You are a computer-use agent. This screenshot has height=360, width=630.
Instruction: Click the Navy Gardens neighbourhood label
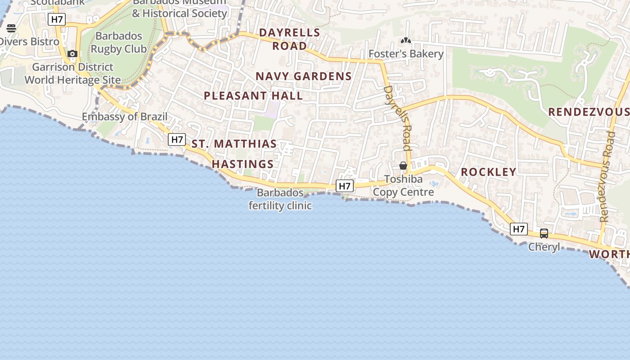pos(304,76)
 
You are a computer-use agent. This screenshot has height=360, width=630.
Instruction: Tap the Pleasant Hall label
pos(253,96)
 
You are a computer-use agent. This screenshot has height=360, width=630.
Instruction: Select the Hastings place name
pos(243,164)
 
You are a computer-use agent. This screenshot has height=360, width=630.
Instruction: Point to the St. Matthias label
pos(234,144)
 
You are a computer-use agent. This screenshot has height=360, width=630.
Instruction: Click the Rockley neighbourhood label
pos(488,172)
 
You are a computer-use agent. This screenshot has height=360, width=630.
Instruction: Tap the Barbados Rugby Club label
pos(119,42)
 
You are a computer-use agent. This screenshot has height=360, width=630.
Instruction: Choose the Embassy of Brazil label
pos(125,117)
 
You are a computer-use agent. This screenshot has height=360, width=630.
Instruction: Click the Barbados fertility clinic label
pos(280,199)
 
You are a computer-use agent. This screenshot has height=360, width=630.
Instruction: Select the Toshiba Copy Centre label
pos(403,186)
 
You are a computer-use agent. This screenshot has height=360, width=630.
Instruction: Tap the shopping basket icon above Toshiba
pos(403,166)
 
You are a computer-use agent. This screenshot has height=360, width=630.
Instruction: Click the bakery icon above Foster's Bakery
pos(406,41)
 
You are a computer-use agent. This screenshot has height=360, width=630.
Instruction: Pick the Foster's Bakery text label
pos(406,54)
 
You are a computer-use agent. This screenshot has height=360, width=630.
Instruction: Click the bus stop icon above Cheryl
pos(544,234)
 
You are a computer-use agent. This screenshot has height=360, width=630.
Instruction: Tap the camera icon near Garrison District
pos(72,54)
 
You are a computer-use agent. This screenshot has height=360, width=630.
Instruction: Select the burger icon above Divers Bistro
pos(11,28)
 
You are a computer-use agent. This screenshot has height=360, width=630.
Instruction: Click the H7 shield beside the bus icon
pos(519,229)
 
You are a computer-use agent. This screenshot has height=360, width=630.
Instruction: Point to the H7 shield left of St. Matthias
pos(177,139)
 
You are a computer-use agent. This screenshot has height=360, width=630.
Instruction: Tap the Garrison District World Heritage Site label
pos(72,74)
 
